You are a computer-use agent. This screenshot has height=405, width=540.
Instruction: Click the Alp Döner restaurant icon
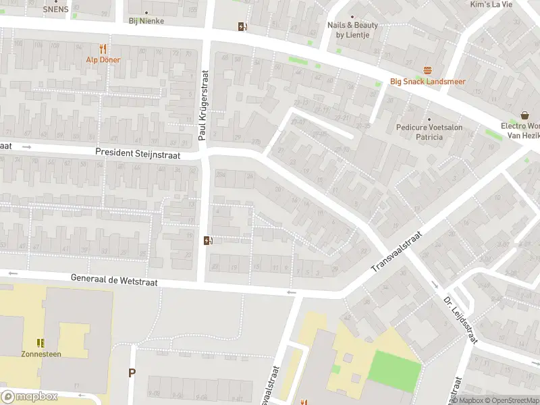[103, 49]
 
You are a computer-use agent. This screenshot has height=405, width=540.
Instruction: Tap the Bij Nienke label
[146, 21]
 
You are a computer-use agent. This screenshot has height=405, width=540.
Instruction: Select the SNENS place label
[55, 9]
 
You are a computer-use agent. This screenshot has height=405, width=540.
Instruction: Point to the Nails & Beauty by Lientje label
[352, 30]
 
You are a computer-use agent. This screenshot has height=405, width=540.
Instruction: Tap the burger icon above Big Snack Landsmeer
[427, 70]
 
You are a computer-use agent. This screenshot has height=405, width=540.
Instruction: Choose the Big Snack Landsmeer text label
[427, 82]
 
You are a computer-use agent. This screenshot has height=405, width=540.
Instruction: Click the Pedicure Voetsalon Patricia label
[419, 132]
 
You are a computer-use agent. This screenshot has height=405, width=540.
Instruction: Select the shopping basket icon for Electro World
[525, 115]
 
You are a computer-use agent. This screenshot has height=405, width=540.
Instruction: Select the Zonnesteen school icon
[40, 342]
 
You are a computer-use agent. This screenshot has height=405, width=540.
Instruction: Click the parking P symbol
[132, 373]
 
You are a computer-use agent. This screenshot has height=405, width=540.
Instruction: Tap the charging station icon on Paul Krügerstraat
[209, 240]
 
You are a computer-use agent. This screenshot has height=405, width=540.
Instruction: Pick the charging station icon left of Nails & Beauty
[242, 27]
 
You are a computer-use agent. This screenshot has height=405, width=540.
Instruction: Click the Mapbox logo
[29, 396]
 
